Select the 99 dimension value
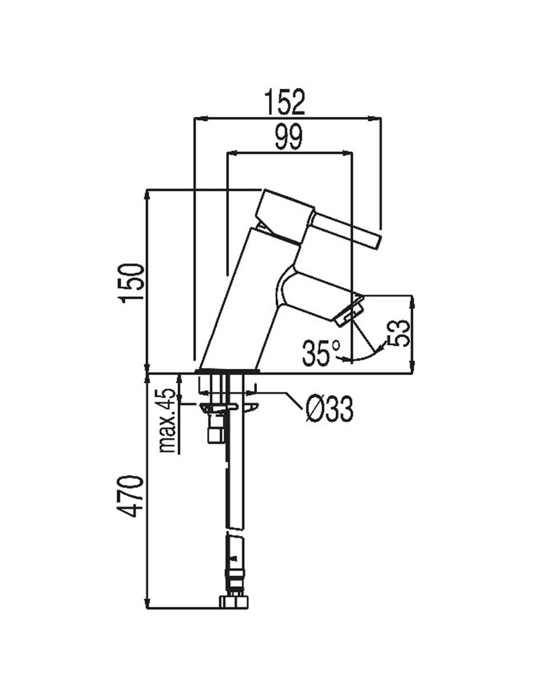tap(288, 137)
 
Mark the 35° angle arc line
tap(368, 357)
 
